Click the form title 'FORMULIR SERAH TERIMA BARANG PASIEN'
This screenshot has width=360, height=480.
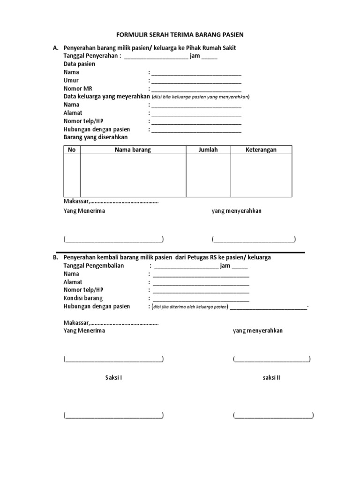[180, 35]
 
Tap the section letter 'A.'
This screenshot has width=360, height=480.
[55, 48]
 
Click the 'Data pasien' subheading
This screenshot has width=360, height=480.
[79, 64]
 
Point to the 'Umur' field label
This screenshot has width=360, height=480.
[71, 81]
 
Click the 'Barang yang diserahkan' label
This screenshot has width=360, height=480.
[95, 137]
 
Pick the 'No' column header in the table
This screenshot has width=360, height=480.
[72, 150]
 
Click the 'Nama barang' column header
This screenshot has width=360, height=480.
[133, 150]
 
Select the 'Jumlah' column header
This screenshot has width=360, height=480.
[208, 150]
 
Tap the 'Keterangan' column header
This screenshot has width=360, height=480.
[261, 150]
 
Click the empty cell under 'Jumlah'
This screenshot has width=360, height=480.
[208, 175]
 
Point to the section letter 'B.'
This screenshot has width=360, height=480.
[55, 258]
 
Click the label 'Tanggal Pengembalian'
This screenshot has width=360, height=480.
[94, 266]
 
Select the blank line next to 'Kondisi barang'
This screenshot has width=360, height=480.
[201, 300]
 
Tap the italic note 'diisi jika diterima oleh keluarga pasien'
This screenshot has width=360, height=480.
[188, 307]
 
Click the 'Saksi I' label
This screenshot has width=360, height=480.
[113, 377]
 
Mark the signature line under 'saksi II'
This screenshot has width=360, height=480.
[273, 416]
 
